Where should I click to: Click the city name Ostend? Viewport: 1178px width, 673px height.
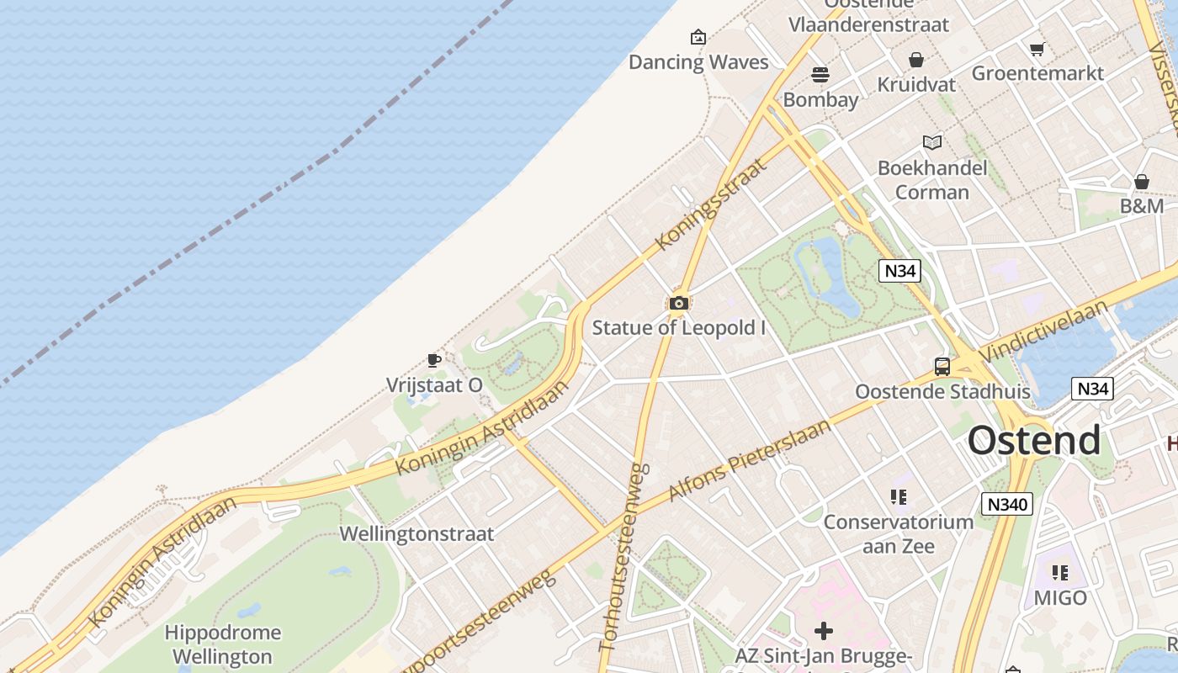point(1033,440)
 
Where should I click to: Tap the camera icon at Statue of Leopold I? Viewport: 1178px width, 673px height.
point(679,303)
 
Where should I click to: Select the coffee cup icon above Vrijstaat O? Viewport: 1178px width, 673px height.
point(434,360)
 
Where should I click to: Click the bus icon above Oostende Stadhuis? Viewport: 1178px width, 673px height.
point(942,367)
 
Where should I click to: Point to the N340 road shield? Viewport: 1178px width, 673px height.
point(1006,504)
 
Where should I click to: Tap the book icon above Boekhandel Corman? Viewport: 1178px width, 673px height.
point(931,142)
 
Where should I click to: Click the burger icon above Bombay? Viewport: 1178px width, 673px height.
point(820,74)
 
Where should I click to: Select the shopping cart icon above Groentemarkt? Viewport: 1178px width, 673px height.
point(1037,49)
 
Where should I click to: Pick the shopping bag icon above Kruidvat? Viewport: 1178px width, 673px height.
point(916,60)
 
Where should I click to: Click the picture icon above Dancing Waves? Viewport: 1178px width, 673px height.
point(698,37)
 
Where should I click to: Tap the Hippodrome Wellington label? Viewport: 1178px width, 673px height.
point(222,644)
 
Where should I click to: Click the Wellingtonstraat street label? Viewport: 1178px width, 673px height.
point(417,533)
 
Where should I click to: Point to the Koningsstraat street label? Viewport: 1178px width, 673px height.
point(711,204)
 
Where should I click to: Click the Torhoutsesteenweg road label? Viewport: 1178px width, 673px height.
point(623,557)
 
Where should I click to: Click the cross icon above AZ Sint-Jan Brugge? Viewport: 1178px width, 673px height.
point(824,630)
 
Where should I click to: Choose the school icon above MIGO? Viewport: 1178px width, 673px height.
point(1060,573)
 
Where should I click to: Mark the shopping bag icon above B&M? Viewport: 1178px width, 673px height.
point(1142,182)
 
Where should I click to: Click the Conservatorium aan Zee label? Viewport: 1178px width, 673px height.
point(898,534)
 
